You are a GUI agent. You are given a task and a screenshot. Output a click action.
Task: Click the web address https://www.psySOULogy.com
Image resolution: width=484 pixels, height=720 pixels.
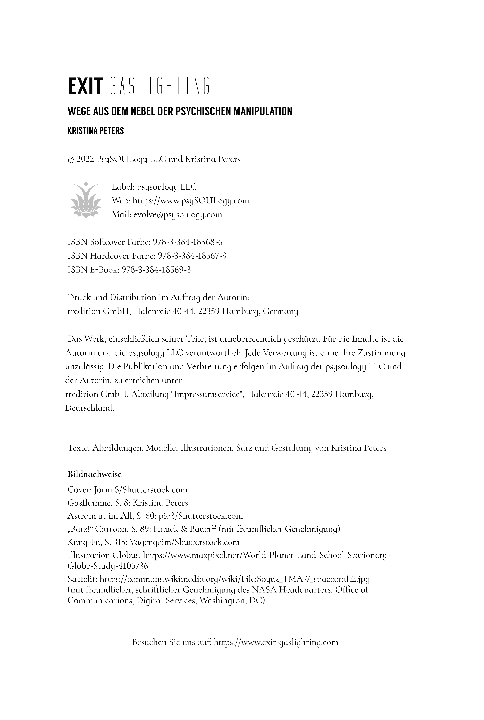click(x=190, y=201)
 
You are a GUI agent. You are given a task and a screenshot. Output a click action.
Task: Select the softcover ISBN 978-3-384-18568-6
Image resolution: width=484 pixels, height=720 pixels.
click(x=188, y=242)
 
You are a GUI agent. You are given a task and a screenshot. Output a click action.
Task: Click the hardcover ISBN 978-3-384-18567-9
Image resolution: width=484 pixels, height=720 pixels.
click(x=192, y=256)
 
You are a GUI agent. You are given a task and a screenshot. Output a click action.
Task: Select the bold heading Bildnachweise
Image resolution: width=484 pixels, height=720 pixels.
click(x=94, y=474)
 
